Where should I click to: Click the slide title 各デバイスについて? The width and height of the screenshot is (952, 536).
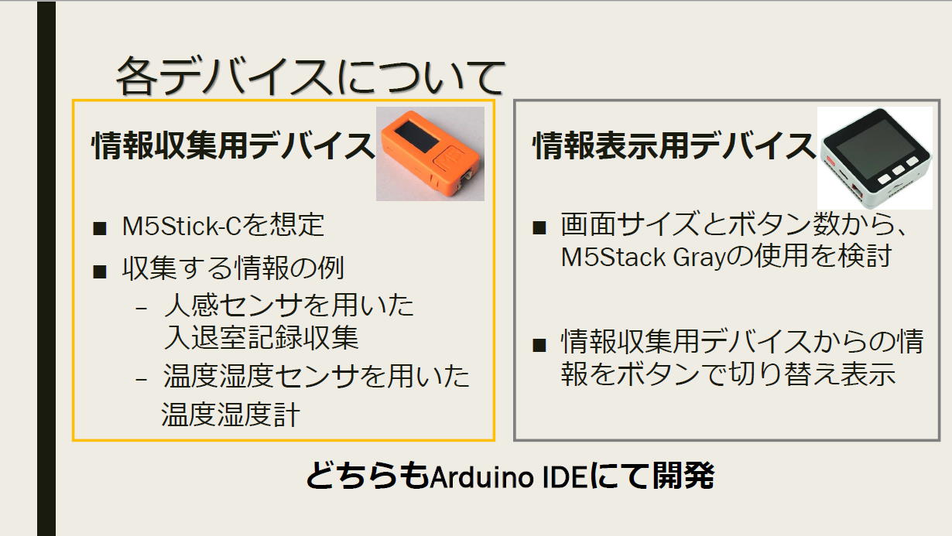point(310,77)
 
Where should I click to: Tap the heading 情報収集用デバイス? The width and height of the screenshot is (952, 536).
point(233,145)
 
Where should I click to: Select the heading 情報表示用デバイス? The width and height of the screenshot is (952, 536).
point(673,145)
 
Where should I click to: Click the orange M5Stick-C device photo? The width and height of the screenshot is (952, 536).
point(430,154)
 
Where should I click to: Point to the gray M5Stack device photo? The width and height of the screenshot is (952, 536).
point(875,158)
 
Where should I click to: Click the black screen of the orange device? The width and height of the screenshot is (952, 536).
point(417,136)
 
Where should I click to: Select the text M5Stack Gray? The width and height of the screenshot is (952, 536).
point(642,257)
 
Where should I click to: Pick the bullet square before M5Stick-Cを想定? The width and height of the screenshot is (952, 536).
point(99,228)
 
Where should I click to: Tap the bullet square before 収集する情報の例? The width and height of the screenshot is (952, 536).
point(99,271)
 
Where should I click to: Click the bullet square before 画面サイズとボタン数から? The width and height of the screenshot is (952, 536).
point(539,227)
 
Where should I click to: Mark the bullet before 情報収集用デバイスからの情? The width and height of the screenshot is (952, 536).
point(539,345)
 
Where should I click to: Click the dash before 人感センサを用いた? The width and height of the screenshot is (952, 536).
point(141,308)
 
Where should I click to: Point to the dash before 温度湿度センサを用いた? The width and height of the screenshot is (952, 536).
point(141,379)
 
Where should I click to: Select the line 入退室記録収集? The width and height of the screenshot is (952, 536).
point(261,338)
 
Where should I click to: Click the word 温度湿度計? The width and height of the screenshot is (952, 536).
point(231,415)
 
